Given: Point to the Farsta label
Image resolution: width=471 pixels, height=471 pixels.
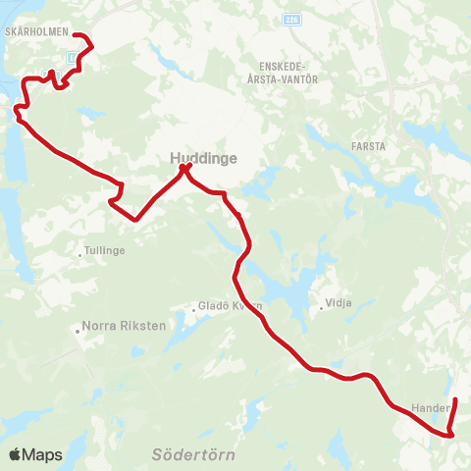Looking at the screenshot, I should pos(369,146).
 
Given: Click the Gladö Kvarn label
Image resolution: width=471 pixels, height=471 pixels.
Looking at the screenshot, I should pos(231,305).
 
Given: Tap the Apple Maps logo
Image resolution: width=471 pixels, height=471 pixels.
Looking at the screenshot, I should pos(34,454).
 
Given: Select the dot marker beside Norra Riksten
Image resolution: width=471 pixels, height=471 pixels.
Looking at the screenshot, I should pos(78,331).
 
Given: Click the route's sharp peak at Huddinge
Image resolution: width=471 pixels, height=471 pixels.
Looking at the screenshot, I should pos(183,169).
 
